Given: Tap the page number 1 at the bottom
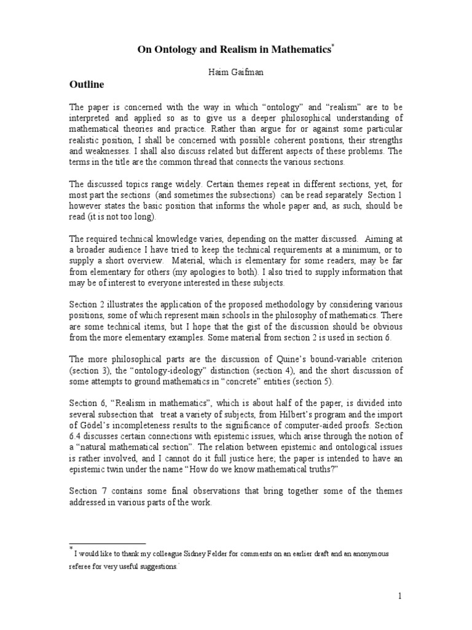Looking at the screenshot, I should [x=399, y=596].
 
